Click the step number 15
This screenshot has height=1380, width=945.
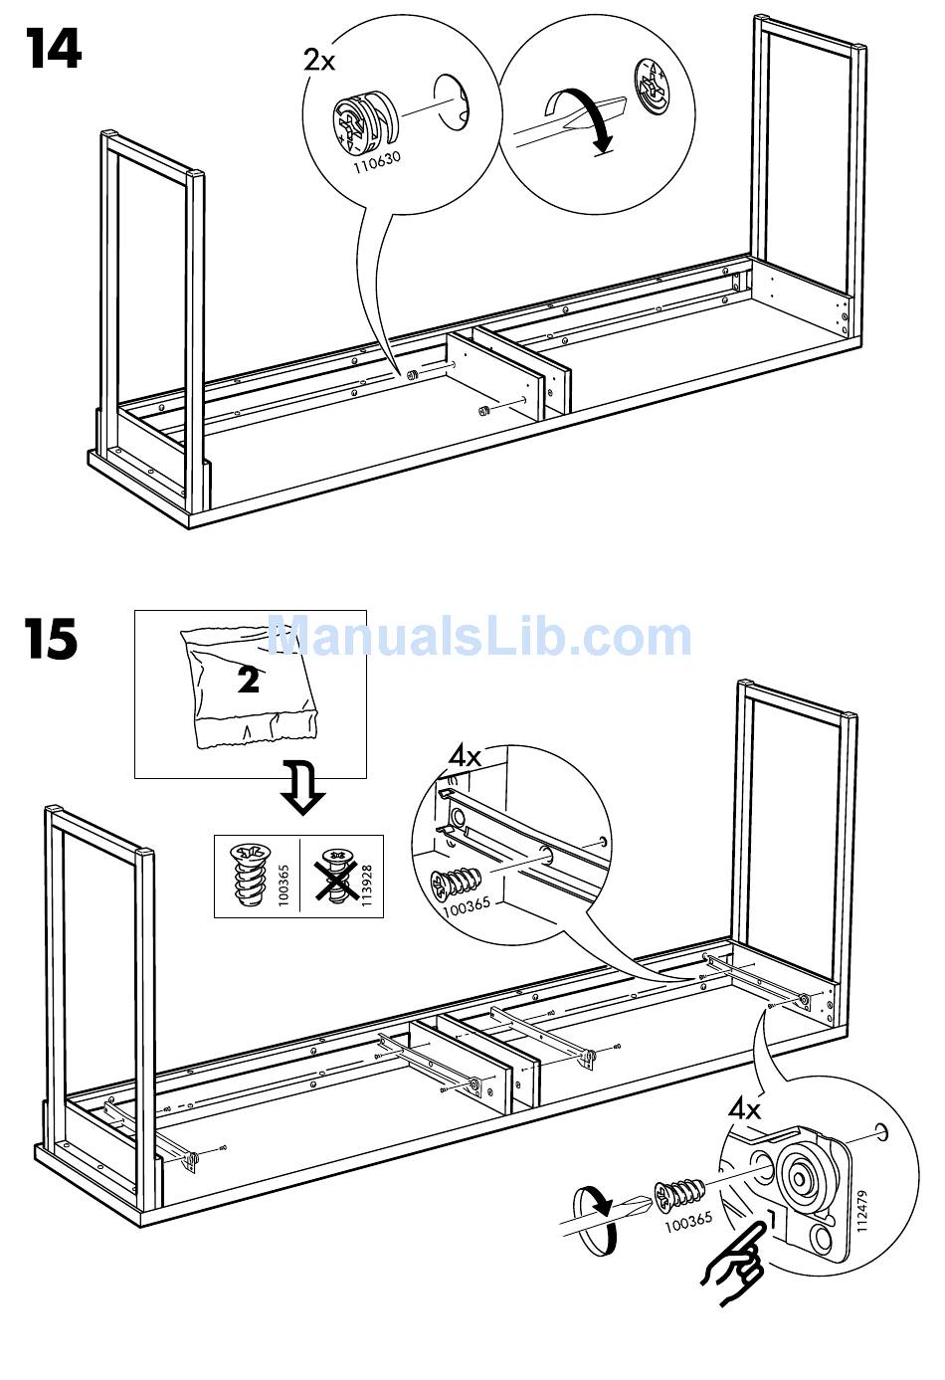pos(53,639)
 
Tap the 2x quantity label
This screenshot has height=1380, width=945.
pos(319,61)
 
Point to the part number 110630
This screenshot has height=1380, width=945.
pos(377,162)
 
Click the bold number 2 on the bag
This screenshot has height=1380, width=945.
pos(249,679)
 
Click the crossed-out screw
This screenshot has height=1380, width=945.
pos(337,876)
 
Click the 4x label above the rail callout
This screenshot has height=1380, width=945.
pos(465,755)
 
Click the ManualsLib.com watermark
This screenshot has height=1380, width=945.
pos(479,637)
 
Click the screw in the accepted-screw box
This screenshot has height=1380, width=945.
pos(250,875)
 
